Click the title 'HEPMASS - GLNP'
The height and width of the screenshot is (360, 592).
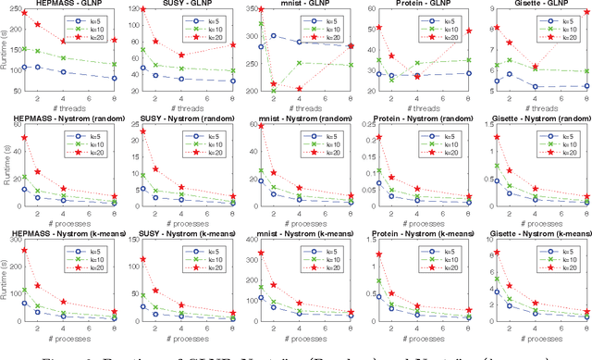(x=69, y=5)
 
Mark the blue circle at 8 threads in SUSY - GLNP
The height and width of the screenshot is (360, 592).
(x=232, y=81)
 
